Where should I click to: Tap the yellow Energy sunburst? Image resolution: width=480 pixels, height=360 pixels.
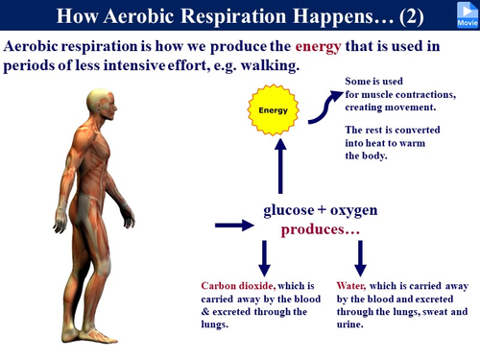275,110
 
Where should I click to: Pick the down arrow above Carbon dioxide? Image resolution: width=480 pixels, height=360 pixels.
265,257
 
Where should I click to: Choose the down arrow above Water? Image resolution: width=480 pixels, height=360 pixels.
361,257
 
